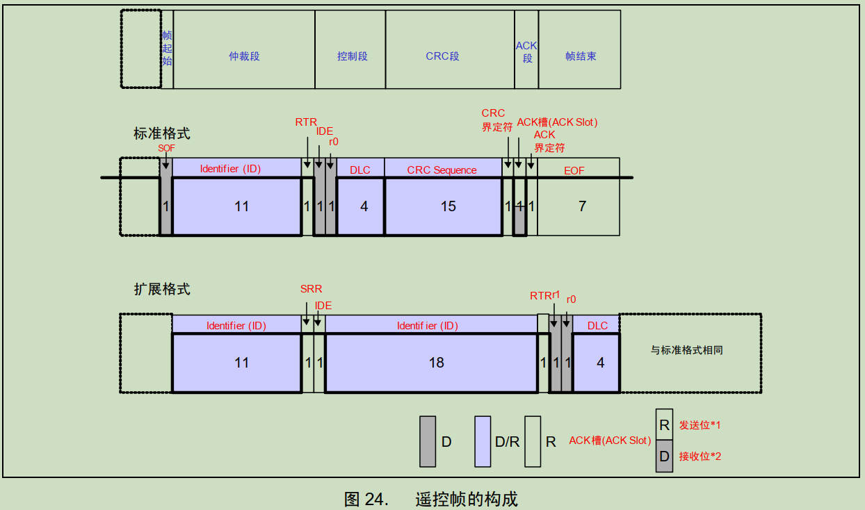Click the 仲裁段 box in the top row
pos(244,56)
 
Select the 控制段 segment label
pos(352,56)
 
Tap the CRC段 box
pos(442,56)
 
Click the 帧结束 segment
pos(581,56)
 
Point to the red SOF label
pos(166,148)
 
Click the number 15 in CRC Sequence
pos(448,206)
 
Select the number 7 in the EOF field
pos(582,206)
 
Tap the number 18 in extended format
pos(436,363)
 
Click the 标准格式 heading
pos(162,133)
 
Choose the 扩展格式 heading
pos(162,289)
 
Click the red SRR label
pos(311,289)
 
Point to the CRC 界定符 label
pos(496,120)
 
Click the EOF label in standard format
pos(574,170)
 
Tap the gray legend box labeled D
pos(428,441)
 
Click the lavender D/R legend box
pos(483,441)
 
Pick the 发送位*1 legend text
pos(700,425)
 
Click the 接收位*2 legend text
pos(700,456)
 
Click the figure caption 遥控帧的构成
pos(467,499)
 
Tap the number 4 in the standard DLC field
pos(364,206)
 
